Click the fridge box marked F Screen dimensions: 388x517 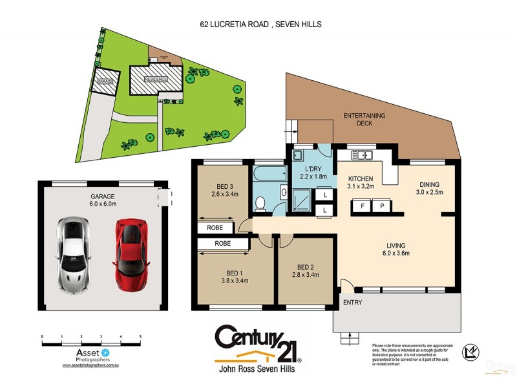pos(363,206)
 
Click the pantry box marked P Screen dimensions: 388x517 pos(382,206)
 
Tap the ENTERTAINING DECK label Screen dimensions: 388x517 pos(364,119)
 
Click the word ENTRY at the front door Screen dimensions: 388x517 pos(352,302)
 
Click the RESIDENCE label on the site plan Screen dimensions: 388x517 pos(155,79)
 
